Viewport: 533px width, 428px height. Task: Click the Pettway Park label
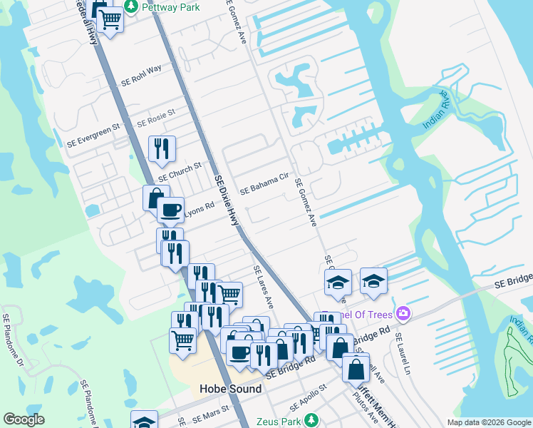171,7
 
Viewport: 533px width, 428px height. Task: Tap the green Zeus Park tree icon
311,421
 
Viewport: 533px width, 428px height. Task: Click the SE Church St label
180,171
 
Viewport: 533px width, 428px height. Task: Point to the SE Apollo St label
303,393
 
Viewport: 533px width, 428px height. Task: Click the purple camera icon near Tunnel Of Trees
403,314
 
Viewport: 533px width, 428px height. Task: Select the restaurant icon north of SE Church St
162,148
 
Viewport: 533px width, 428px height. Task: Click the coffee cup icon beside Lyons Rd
170,210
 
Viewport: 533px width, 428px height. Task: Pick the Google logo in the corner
24,420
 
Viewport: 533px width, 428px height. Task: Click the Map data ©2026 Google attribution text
488,422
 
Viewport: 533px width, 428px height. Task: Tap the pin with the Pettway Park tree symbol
131,7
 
